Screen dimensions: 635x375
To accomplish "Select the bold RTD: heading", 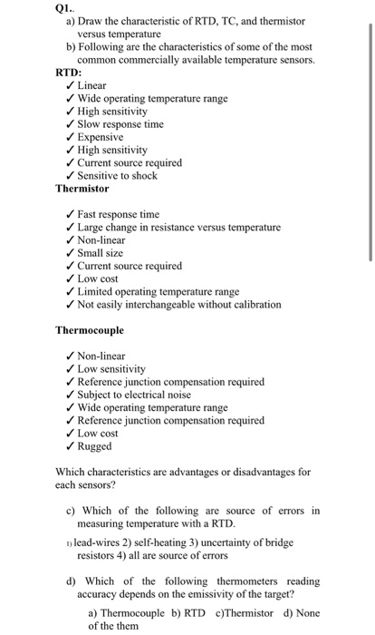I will [70, 72].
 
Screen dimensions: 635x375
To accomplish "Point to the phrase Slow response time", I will [120, 123].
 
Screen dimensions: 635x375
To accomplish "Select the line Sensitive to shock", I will [117, 175].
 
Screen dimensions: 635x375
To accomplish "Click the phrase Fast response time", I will [119, 214].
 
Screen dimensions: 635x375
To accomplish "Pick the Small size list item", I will [101, 253].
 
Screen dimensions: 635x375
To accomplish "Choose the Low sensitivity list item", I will [111, 369].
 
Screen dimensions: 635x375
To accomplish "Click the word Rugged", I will [95, 445].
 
